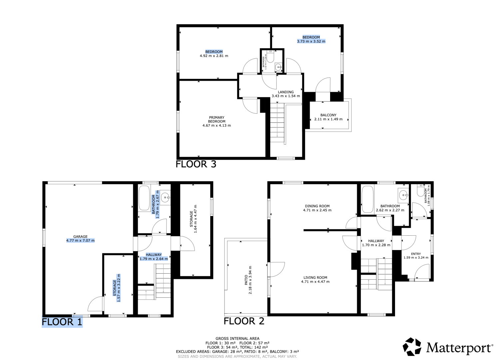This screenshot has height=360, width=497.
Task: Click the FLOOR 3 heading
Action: (196, 164)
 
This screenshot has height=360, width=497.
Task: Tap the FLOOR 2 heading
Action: (244, 321)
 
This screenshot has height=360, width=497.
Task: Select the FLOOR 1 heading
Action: (62, 322)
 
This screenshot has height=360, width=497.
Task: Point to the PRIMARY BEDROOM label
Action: (217, 119)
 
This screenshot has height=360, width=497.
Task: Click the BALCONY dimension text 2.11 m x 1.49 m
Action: (328, 119)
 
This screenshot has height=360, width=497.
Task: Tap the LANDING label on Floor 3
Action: (286, 92)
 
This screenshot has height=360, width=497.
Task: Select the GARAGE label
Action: (80, 237)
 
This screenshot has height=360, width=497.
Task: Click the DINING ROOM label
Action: (317, 206)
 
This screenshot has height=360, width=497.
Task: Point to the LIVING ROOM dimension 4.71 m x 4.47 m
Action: (315, 282)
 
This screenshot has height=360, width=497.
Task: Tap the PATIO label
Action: (246, 280)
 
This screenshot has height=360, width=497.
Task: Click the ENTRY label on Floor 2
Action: (416, 254)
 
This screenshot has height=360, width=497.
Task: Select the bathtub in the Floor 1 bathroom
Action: (144, 198)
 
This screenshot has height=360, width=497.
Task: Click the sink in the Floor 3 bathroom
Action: (278, 67)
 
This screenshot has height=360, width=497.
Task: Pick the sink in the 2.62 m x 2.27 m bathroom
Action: (403, 195)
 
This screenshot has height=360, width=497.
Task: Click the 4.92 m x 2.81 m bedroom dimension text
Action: (214, 56)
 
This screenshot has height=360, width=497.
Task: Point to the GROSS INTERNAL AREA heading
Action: (238, 338)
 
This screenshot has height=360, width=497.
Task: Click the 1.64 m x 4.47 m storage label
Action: (193, 219)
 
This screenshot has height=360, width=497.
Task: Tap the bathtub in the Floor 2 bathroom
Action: (367, 199)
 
